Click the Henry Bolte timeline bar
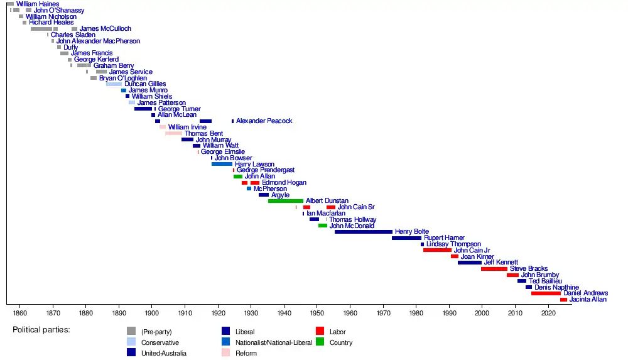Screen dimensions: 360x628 click(x=363, y=232)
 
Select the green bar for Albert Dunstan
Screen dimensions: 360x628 click(x=286, y=201)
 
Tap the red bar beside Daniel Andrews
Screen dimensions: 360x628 click(x=546, y=293)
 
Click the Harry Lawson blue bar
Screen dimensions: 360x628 click(x=222, y=164)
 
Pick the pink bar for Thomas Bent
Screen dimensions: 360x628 click(x=173, y=133)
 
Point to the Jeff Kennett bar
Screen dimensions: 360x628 click(x=469, y=263)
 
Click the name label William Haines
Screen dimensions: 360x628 click(x=38, y=4)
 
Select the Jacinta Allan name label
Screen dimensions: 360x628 click(x=588, y=300)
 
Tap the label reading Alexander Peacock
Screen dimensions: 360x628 click(x=264, y=121)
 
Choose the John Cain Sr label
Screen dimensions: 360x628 click(x=356, y=207)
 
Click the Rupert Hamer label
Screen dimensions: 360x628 click(x=444, y=238)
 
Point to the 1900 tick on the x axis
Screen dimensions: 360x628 click(x=152, y=312)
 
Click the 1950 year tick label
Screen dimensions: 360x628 click(x=317, y=312)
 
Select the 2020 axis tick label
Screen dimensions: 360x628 click(x=548, y=312)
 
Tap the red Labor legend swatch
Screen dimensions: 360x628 click(x=320, y=331)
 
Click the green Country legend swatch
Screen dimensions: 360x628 click(x=320, y=342)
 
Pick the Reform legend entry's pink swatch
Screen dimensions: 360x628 click(x=226, y=353)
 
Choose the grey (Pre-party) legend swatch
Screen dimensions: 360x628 click(x=131, y=331)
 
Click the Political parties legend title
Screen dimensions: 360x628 click(x=41, y=330)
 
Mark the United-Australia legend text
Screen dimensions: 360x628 click(x=164, y=353)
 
